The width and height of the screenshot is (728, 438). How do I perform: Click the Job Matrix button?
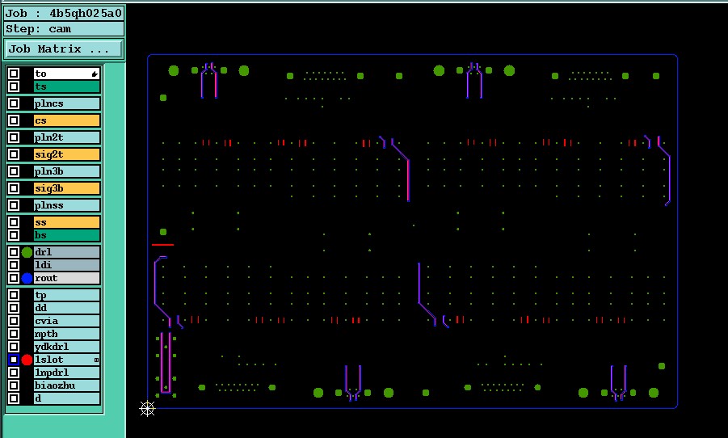(65, 48)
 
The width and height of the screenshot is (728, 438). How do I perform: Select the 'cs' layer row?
(67, 120)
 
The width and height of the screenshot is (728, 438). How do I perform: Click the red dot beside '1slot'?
(27, 360)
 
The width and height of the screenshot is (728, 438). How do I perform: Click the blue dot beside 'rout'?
(27, 278)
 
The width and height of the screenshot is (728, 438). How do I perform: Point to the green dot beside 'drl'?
(27, 252)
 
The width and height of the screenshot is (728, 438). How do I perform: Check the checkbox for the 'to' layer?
(14, 74)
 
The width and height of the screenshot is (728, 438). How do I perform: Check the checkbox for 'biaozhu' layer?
(14, 385)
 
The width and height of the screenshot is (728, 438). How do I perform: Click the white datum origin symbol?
(147, 409)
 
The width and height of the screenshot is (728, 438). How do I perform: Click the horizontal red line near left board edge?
(162, 245)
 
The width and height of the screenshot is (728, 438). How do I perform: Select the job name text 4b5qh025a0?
(86, 13)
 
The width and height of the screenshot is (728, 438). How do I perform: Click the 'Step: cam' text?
(38, 29)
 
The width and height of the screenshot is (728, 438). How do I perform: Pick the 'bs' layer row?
(67, 235)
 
